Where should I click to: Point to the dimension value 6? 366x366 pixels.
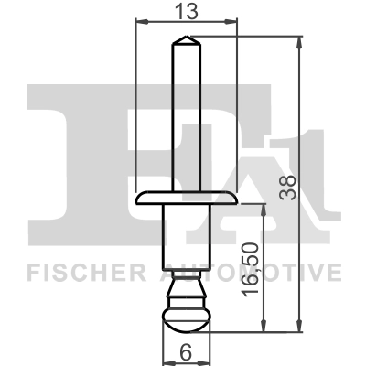[x=186, y=351]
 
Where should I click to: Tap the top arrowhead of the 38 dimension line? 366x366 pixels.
[x=301, y=39]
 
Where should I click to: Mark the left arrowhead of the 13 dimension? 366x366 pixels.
[x=139, y=20]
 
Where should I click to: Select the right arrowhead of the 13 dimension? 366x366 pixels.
[x=234, y=20]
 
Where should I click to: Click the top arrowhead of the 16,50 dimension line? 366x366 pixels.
[x=264, y=207]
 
